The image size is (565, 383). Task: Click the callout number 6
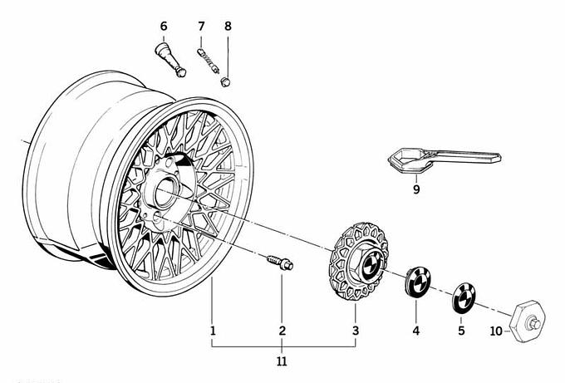point(164,26)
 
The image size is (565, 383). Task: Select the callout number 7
point(200,26)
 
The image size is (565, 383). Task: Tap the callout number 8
point(228,26)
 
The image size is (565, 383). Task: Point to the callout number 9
point(417,189)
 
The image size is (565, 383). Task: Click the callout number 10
point(496,331)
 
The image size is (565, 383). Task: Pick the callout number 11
point(282,361)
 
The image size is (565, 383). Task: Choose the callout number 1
point(214,331)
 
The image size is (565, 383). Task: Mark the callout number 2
point(282,331)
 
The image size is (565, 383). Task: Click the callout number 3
point(355,331)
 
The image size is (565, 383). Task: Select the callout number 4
point(416,331)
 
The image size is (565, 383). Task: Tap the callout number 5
point(462,331)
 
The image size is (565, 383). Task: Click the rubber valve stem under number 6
point(169,61)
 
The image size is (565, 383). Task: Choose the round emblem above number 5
point(462,297)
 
